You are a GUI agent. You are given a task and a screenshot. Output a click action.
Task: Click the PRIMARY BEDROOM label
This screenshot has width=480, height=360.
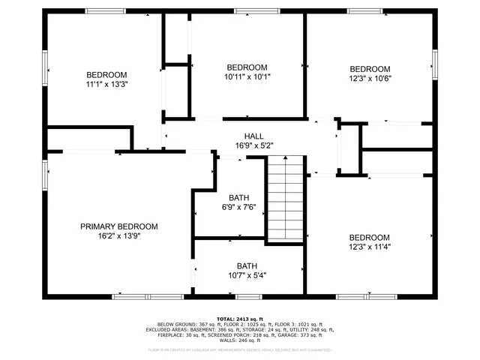pos(119,226)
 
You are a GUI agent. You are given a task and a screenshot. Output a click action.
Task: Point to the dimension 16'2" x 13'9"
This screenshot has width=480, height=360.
pos(119,235)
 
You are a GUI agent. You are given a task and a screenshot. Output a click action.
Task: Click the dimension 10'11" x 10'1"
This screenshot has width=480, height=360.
pos(247,76)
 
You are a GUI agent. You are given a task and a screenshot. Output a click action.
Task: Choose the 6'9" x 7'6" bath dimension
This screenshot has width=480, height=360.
pos(238,207)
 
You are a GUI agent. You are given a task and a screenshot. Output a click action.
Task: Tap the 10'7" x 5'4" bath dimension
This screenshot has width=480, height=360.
pos(247,274)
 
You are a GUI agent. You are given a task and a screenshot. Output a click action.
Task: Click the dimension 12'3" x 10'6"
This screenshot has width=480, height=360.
pos(370,77)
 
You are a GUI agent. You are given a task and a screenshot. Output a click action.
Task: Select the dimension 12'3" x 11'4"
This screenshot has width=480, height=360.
pos(369,246)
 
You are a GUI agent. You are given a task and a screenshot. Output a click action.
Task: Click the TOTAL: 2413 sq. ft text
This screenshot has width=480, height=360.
pos(240,318)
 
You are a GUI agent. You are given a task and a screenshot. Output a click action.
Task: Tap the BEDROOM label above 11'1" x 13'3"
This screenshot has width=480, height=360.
pos(106,74)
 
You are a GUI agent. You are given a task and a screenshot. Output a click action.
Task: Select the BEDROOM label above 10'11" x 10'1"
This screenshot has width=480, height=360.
pos(247,67)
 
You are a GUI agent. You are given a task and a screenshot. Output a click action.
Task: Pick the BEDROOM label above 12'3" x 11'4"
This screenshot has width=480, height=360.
pos(369,237)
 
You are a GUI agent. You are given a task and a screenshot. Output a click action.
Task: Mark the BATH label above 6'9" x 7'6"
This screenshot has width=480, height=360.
pos(238,198)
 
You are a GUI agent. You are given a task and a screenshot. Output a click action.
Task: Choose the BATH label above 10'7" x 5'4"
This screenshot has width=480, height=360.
pos(247,265)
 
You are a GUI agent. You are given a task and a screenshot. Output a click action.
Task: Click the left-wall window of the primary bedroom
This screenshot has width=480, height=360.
pos(46,174)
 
